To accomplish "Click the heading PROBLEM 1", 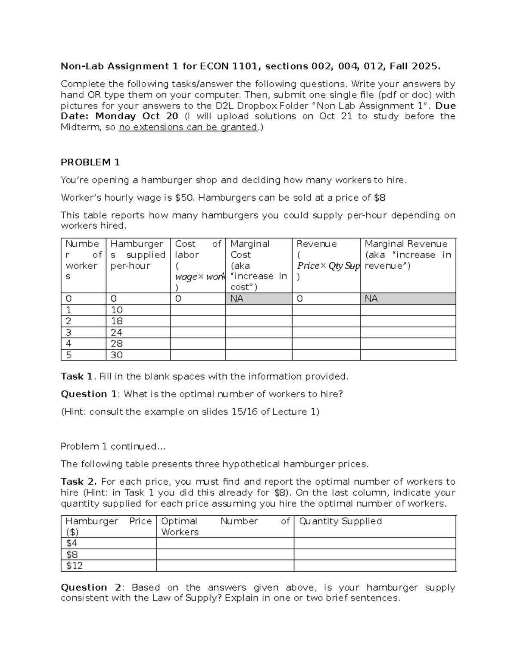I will [90, 162].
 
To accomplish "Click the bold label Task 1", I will [77, 377].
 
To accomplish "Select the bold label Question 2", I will [91, 588].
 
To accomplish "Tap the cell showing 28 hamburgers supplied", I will [117, 344].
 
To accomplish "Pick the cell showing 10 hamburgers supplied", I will [117, 310].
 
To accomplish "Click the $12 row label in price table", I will [74, 566].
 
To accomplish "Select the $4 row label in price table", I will [72, 543].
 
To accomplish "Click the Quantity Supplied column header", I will [340, 521].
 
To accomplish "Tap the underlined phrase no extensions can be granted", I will [188, 127].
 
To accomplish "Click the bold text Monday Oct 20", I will [137, 116].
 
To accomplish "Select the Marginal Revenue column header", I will [406, 244].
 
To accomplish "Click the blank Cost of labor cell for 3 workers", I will [197, 333].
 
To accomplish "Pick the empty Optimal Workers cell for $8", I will [225, 554].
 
